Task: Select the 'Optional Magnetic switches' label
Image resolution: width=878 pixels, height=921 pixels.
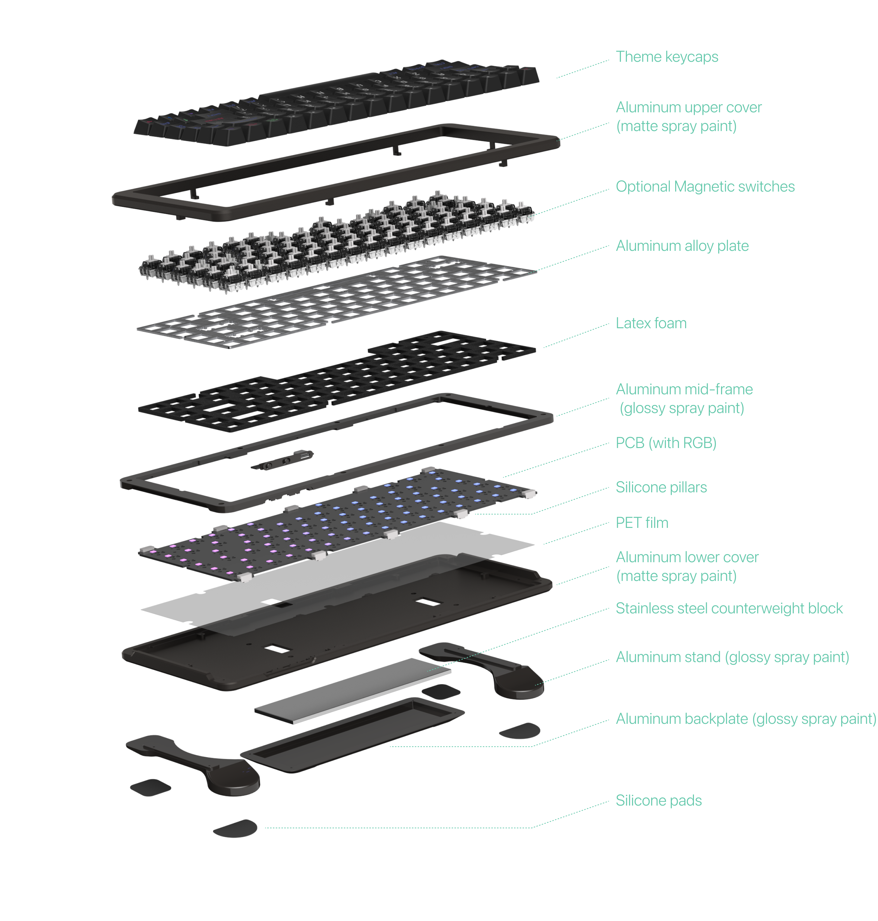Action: (705, 187)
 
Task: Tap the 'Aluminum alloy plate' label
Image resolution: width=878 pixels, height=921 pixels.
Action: (682, 246)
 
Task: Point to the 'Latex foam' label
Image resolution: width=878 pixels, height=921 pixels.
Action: (651, 323)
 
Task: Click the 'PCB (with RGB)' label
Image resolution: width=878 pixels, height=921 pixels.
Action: (666, 443)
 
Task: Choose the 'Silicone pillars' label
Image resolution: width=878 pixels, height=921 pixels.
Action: (661, 488)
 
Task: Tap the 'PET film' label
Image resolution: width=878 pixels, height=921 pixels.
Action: (641, 523)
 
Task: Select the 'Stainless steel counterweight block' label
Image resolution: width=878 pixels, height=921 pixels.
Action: (729, 608)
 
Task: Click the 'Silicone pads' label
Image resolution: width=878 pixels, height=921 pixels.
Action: (658, 801)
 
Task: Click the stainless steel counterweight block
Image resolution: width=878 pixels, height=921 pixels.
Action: (352, 690)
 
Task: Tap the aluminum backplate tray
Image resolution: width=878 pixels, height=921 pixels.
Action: (351, 735)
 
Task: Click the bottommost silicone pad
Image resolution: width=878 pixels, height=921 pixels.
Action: (235, 828)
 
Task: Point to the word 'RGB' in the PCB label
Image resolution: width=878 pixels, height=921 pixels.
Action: (696, 443)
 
